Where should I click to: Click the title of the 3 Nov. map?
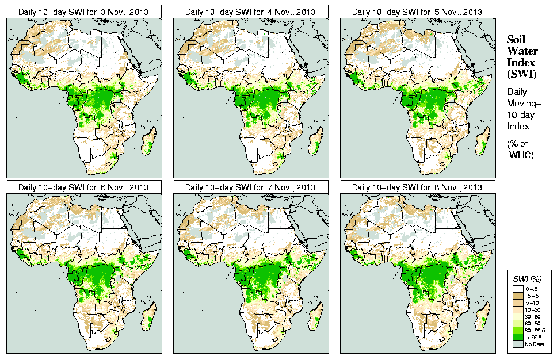[83, 12]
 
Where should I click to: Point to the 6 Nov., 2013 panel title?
[83, 187]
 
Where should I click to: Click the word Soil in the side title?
[516, 40]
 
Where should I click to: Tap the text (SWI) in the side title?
[520, 73]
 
